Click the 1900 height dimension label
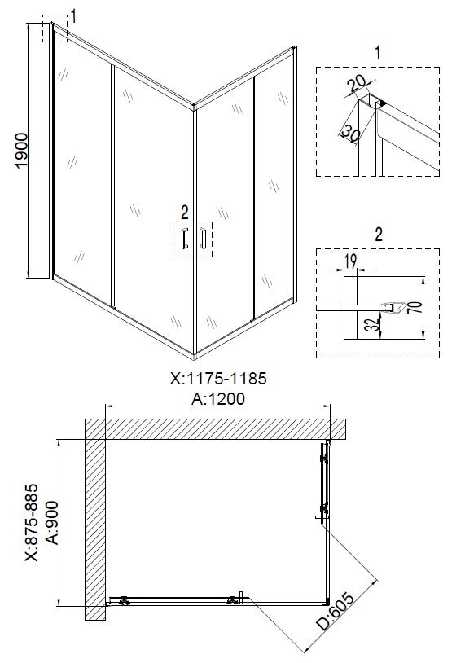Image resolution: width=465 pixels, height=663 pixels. click(x=21, y=151)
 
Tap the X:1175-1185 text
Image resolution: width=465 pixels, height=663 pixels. click(x=218, y=378)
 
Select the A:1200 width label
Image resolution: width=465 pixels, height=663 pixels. click(x=218, y=399)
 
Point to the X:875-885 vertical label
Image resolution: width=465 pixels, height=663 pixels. click(x=32, y=523)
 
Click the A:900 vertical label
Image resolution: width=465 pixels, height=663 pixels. click(x=52, y=523)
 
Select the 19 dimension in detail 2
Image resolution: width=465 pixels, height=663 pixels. click(x=350, y=261)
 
